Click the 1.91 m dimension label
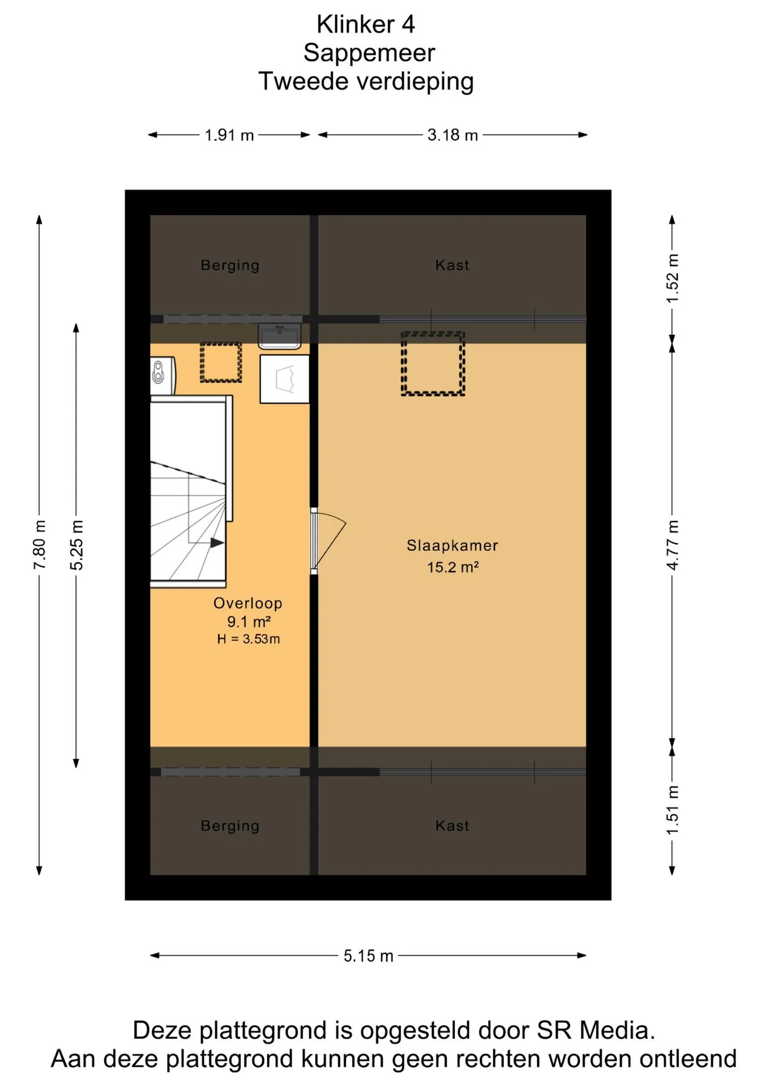click(x=229, y=135)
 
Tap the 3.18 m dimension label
click(x=452, y=135)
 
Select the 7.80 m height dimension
click(x=39, y=545)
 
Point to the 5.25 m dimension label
click(x=76, y=545)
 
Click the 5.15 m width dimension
click(x=368, y=956)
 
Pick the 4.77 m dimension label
click(x=672, y=545)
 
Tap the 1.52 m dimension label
click(x=672, y=278)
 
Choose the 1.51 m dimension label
click(x=672, y=810)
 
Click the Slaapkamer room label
click(x=452, y=546)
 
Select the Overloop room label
click(x=248, y=604)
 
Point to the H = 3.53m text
click(x=249, y=639)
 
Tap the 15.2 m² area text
click(x=453, y=567)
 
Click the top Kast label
click(x=452, y=265)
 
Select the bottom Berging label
click(x=230, y=826)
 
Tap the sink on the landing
click(x=280, y=336)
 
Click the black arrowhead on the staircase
click(x=217, y=543)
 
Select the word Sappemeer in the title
click(x=369, y=53)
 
